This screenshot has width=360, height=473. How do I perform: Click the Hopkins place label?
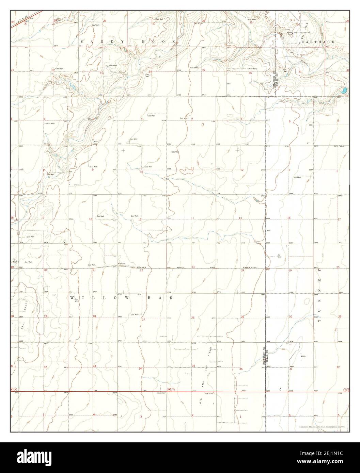(x=122, y=264)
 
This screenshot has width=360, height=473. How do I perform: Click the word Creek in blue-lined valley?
(x=304, y=63)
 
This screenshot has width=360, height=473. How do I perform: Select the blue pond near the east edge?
(x=344, y=91)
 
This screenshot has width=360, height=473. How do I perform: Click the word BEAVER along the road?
(x=141, y=267)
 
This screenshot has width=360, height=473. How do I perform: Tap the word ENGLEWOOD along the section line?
(x=252, y=267)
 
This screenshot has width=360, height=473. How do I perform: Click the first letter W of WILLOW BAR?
(x=72, y=298)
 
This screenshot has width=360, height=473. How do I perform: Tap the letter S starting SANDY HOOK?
(x=81, y=41)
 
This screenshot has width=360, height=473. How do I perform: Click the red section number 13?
(x=240, y=218)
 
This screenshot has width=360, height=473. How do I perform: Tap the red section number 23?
(x=193, y=267)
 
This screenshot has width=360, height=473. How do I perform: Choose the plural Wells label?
(x=303, y=356)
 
